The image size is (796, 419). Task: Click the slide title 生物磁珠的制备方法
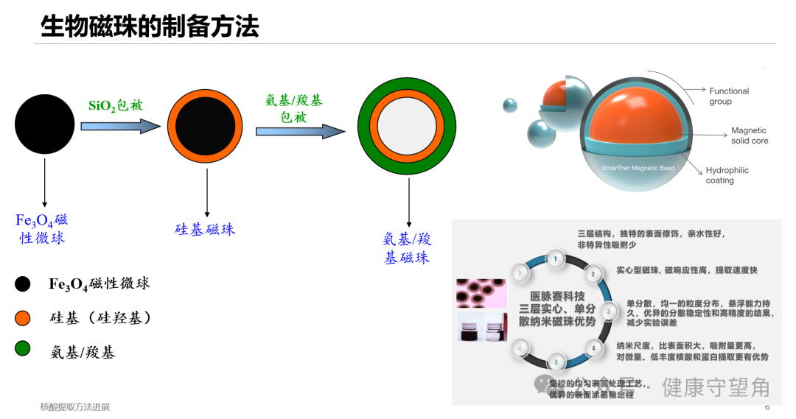(x=150, y=27)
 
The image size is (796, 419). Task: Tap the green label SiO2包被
(x=115, y=105)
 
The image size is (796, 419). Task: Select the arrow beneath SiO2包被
(x=120, y=126)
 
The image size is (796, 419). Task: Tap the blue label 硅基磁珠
(x=205, y=229)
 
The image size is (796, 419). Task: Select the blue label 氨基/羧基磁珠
(x=407, y=248)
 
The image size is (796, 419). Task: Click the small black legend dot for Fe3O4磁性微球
(x=23, y=284)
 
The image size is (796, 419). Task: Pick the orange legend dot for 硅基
(x=23, y=317)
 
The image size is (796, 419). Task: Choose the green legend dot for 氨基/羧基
(x=23, y=348)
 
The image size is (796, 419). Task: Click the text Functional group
(x=728, y=96)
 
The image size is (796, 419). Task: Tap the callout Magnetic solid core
(x=749, y=135)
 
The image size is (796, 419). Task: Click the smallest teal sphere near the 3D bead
(x=510, y=105)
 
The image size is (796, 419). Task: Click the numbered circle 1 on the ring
(x=555, y=258)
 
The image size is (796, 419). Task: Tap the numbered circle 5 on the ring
(x=555, y=362)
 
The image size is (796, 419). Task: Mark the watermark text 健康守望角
(x=716, y=387)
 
